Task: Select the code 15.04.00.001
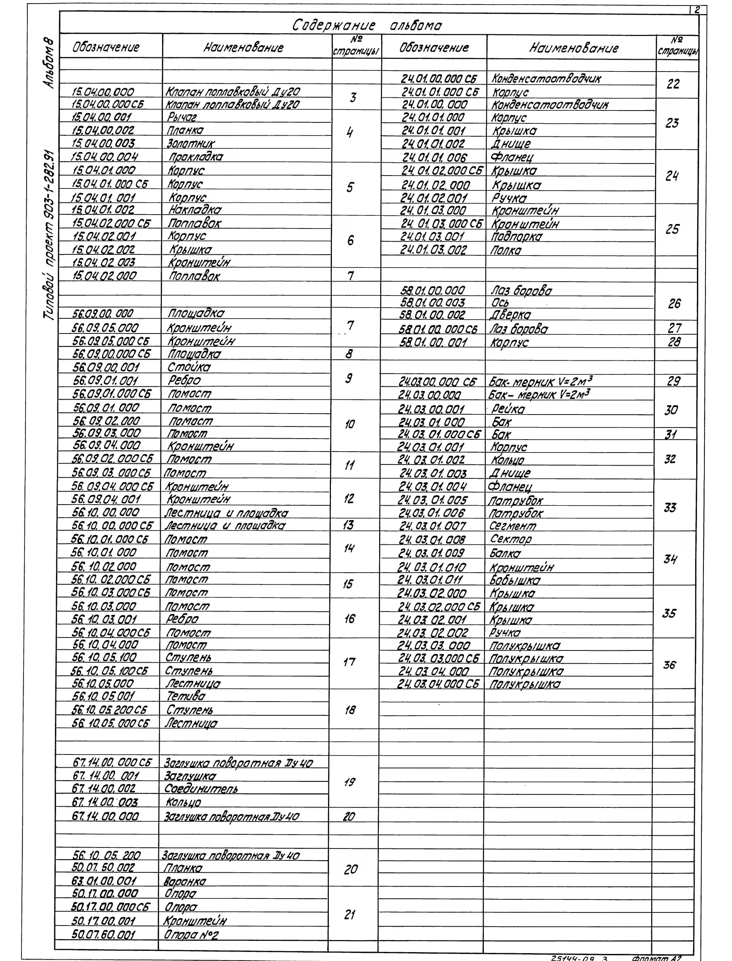tap(101, 117)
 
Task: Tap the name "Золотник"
tap(191, 143)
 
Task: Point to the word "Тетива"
tap(186, 696)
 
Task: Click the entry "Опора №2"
tap(191, 934)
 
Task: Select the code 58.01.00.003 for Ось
tap(433, 302)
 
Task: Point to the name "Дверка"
tap(511, 315)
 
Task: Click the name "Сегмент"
tap(512, 526)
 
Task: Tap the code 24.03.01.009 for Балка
tap(431, 553)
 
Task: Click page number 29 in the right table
tap(673, 381)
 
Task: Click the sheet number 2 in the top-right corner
tap(697, 10)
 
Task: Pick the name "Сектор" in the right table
tap(511, 539)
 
